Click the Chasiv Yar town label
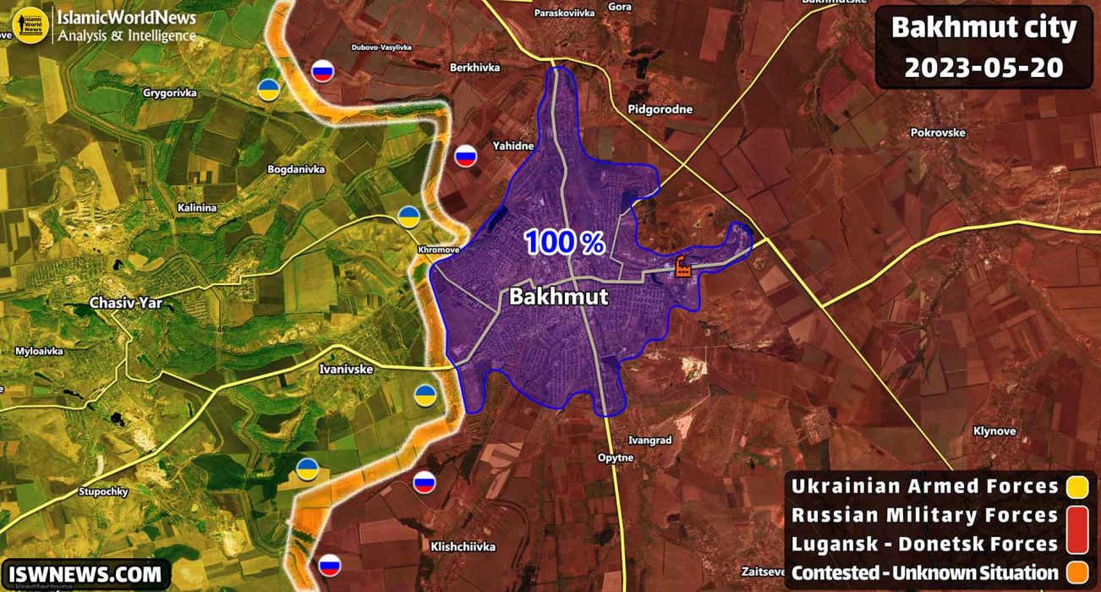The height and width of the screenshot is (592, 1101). pos(126,303)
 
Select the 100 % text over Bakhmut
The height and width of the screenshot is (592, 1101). pos(564,243)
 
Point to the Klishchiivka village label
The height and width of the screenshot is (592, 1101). pos(463,546)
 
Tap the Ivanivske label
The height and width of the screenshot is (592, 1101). pos(347,369)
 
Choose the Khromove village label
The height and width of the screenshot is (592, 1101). pos(438,250)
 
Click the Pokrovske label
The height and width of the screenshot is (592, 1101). pos(937,132)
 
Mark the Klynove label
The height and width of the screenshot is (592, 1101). pos(994,430)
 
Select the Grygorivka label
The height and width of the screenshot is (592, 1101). pos(170,93)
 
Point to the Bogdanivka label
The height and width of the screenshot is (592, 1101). pos(296,169)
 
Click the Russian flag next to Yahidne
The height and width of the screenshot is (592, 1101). pos(466,155)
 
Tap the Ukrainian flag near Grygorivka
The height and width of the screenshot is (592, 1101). pos(269,90)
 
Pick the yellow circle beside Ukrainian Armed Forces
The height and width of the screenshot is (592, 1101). pos(1076,486)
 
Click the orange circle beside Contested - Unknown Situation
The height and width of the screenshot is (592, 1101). pos(1076,573)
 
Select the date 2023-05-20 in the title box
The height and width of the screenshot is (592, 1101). pos(983,68)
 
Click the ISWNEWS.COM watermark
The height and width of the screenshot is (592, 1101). pos(85,574)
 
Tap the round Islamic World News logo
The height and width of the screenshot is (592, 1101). pos(31,25)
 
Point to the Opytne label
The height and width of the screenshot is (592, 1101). pos(615,458)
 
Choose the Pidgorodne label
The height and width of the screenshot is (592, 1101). pos(660,109)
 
